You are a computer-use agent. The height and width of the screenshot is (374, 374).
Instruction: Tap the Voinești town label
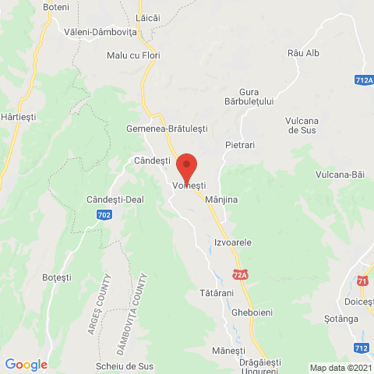tap(188, 187)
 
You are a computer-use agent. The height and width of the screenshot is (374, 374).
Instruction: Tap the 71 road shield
tap(362, 280)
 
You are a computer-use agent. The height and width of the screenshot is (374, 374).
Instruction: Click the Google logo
tap(26, 364)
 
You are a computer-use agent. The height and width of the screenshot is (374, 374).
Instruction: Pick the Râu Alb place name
tap(303, 53)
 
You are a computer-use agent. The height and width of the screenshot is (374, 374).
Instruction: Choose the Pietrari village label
tap(240, 145)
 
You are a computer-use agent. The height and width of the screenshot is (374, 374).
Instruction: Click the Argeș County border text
tap(102, 312)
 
